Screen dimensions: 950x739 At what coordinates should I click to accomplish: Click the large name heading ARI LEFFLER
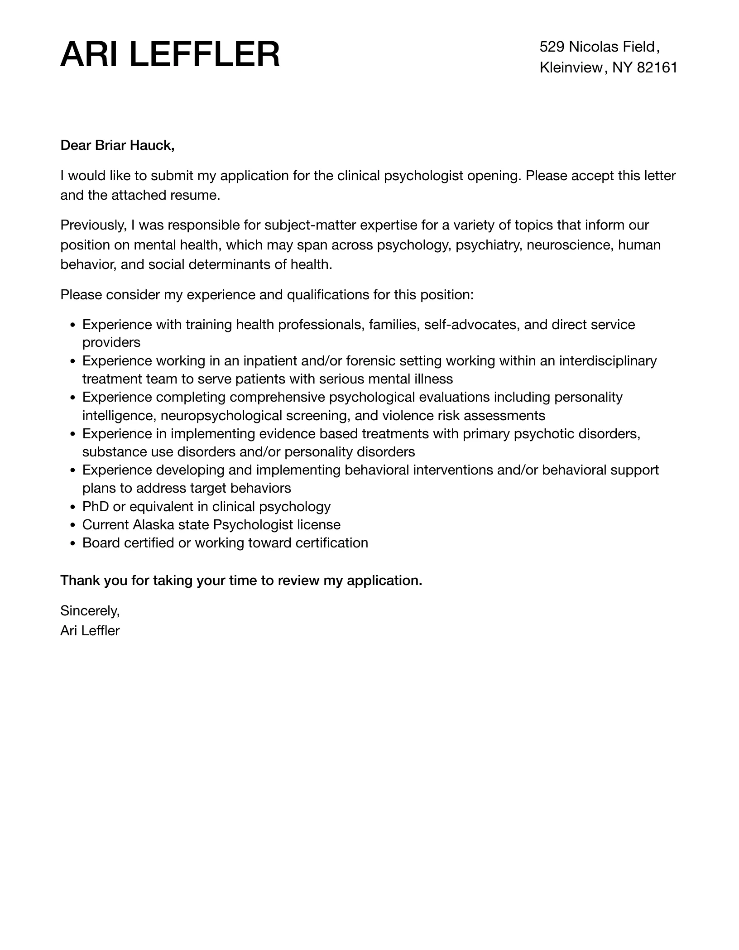170,55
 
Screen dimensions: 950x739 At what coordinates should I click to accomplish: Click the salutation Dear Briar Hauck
117,145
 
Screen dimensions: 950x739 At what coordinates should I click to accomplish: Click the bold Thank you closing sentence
241,581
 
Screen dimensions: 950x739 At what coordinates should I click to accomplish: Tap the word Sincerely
90,611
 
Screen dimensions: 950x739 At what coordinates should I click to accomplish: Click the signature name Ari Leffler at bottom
90,631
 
